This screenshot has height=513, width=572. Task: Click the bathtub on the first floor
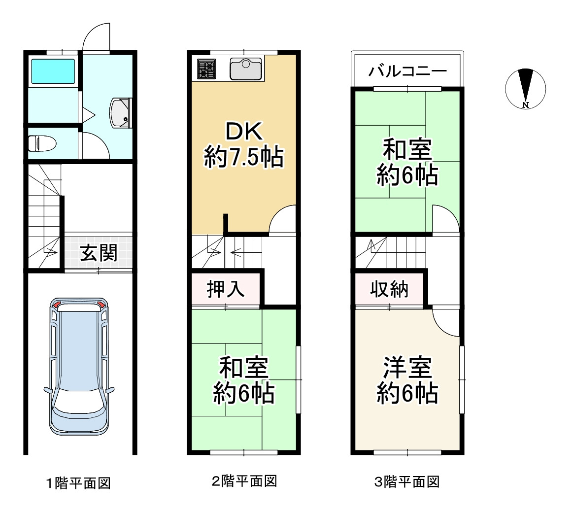click(53, 71)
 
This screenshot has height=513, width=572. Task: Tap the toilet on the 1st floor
click(42, 143)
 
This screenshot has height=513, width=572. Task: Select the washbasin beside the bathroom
click(120, 113)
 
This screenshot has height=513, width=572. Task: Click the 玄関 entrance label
click(99, 253)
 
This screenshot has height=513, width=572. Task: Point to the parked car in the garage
click(79, 366)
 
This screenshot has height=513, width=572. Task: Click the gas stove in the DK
click(206, 69)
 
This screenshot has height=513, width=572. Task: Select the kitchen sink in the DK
click(246, 69)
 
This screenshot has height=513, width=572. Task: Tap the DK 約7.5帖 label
click(244, 145)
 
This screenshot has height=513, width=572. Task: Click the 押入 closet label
click(226, 289)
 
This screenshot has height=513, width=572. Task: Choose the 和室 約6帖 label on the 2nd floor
click(244, 380)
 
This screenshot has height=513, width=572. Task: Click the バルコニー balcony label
click(407, 70)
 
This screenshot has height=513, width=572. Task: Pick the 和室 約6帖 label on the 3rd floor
click(407, 162)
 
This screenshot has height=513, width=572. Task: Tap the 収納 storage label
click(389, 289)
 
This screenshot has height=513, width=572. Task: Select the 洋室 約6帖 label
click(407, 380)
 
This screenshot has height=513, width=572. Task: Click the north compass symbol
click(525, 89)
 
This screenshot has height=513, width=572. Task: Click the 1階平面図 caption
click(78, 483)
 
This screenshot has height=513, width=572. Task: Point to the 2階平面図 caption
click(244, 481)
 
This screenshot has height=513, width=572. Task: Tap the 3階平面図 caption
click(407, 481)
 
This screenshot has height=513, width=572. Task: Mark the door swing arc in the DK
click(277, 213)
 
